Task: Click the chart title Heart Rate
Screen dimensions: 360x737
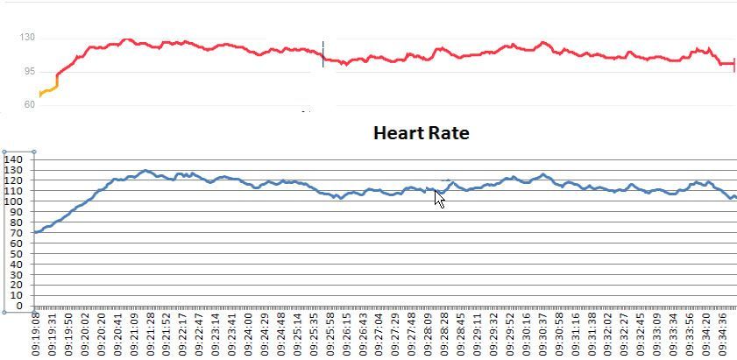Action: pyautogui.click(x=421, y=134)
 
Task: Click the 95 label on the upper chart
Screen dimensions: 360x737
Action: pyautogui.click(x=29, y=71)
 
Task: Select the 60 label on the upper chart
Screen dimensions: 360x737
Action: pyautogui.click(x=29, y=104)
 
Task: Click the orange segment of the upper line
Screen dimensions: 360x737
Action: pyautogui.click(x=48, y=88)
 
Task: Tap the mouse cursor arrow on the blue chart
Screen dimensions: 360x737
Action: pyautogui.click(x=440, y=199)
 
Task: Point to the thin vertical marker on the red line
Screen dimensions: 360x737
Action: pyautogui.click(x=322, y=53)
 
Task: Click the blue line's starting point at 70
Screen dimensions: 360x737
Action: pyautogui.click(x=35, y=232)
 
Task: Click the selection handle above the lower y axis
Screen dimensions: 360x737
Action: pyautogui.click(x=34, y=152)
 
